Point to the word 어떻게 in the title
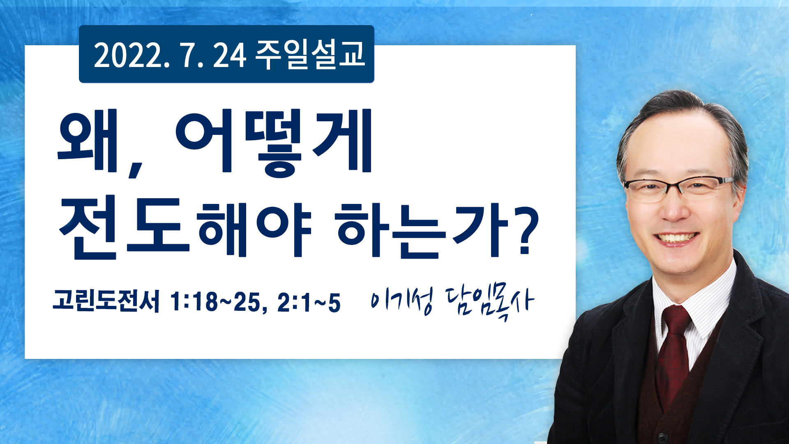pos(274,142)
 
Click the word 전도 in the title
pos(124,228)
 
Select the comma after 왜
pos(135,170)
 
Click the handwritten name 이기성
pos(402,302)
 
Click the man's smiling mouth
pos(676,238)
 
